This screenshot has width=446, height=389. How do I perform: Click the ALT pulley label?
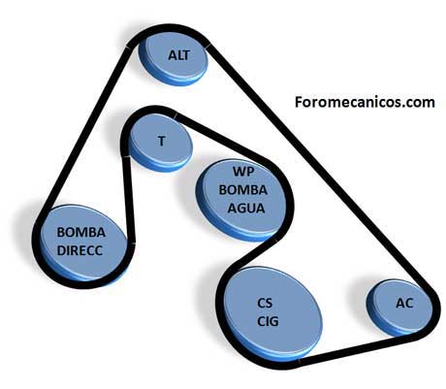178,55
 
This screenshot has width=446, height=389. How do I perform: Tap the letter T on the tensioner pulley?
162,142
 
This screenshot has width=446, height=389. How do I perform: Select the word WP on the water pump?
243,172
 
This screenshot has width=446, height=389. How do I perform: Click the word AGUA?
246,209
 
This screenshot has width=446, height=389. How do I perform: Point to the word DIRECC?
80,250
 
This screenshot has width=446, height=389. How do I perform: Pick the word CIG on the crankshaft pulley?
268,321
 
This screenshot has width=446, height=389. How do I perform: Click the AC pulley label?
404,303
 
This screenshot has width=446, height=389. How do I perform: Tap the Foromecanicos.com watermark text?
365,102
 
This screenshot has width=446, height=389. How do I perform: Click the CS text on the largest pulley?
265,303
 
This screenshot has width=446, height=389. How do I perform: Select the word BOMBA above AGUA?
243,190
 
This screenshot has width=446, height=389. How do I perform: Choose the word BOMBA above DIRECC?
81,232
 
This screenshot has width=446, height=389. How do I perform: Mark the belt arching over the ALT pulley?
169,27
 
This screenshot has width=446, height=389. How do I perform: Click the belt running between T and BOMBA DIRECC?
129,199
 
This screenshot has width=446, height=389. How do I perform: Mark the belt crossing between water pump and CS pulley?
255,255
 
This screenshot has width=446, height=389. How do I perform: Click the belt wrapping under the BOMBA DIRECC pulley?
80,284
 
